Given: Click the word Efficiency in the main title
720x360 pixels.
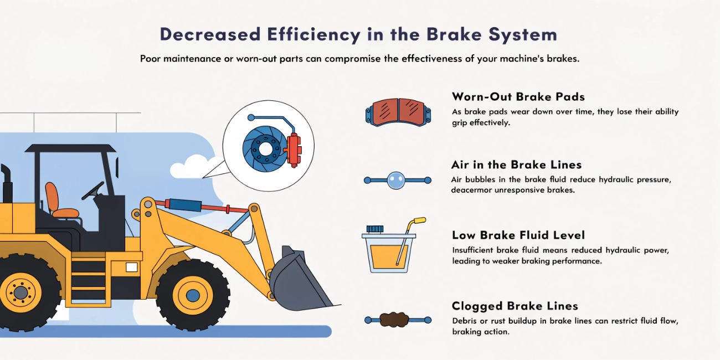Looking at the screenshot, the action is point(313,35).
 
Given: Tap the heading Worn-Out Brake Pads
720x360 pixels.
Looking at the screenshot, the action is point(518,97).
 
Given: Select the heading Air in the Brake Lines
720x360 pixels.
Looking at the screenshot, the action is point(517,165).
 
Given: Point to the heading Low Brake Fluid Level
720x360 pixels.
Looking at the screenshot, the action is point(518,235).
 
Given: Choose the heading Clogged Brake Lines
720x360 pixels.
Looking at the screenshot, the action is point(515,306).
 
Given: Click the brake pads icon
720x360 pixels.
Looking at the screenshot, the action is point(398,112).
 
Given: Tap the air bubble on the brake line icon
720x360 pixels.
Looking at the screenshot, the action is point(396,181).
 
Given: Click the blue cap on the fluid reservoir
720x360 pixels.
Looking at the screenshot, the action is point(375,229).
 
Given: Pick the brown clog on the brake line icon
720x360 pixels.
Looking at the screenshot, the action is point(394,320).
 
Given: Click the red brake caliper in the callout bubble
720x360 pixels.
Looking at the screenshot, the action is point(294,150).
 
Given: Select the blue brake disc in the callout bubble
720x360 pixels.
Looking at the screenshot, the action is point(264,149).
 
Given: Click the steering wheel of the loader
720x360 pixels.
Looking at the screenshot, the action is point(93,191).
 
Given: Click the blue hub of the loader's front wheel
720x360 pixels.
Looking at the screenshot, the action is point(193,295).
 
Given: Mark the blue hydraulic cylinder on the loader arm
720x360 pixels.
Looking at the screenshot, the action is point(185,205).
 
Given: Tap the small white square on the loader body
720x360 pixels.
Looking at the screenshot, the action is point(132,267).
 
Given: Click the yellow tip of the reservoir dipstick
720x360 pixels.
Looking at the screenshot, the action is point(419,221).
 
